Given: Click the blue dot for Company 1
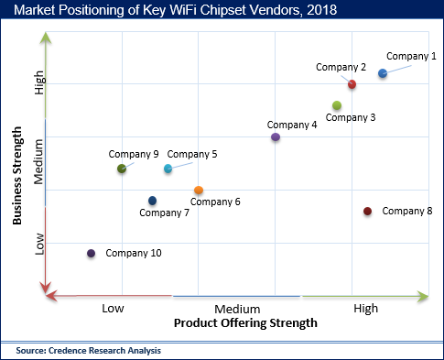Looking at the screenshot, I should (x=383, y=73).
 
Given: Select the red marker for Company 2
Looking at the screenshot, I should (x=352, y=84).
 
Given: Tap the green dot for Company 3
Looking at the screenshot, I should (x=337, y=105).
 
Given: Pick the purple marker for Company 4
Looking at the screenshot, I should (x=276, y=137).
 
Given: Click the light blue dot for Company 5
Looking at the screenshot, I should (x=168, y=169).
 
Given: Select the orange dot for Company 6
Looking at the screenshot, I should (x=199, y=191).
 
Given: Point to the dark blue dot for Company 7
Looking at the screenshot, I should (x=152, y=201).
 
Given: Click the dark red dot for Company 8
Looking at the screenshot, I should (x=367, y=212).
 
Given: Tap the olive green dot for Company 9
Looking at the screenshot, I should (x=122, y=169).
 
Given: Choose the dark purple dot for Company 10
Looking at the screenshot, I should (x=91, y=254).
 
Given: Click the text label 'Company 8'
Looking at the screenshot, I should (x=407, y=212).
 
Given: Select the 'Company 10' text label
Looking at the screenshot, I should (x=134, y=253).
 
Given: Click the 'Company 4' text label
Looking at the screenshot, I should (x=292, y=125).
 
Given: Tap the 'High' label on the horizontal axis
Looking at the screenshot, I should (x=365, y=310).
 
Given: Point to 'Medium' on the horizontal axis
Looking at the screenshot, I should (x=237, y=310).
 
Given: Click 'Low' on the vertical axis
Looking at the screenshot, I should (x=39, y=243).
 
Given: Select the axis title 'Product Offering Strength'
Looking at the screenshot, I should (x=245, y=323).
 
